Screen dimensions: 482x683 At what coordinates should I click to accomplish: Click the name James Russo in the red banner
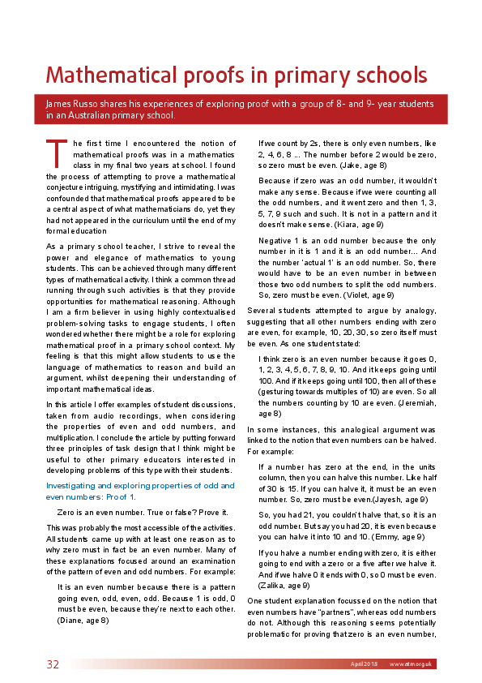[72, 103]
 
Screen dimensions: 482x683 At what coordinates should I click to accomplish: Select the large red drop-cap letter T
[55, 153]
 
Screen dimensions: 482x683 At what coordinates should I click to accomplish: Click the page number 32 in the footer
[53, 664]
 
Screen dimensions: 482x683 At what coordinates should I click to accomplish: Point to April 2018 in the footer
[365, 664]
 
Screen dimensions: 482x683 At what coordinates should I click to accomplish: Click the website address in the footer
[412, 664]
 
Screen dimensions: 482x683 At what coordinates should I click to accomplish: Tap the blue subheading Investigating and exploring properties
[140, 485]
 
